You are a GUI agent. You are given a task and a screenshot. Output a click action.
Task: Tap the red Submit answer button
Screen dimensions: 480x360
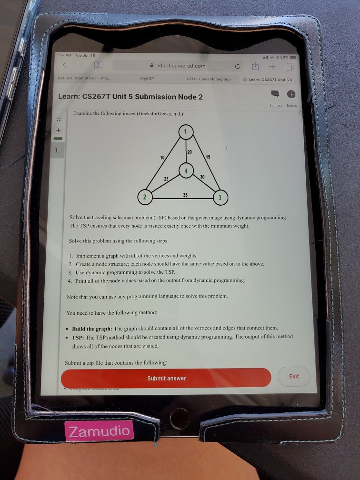point(166,378)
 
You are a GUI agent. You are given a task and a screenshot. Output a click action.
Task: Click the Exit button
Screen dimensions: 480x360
point(294,376)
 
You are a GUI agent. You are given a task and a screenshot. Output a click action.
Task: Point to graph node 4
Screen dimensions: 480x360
point(186,171)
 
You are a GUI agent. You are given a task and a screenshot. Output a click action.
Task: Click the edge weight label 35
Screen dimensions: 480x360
point(185,194)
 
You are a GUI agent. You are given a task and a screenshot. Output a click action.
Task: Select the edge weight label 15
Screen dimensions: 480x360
point(208,157)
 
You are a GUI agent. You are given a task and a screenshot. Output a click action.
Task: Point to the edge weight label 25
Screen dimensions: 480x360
point(166,179)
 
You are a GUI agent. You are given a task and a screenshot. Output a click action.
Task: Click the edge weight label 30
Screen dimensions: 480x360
point(203,177)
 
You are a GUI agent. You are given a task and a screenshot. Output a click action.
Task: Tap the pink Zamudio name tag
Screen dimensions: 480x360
point(99,431)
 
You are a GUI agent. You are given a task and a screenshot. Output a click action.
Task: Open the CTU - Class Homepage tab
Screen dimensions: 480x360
point(209,79)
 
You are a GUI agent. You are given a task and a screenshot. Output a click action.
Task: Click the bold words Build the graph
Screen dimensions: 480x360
point(92,329)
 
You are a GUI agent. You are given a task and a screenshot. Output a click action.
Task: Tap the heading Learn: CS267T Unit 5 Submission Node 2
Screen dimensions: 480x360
point(130,97)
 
